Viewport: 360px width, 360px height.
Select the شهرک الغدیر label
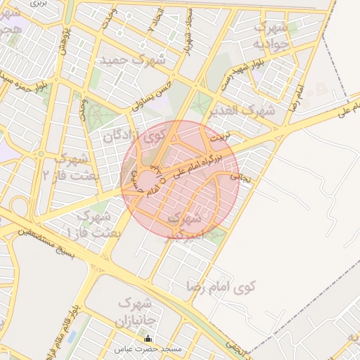click(x=247, y=110)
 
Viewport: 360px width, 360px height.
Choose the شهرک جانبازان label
click(x=133, y=314)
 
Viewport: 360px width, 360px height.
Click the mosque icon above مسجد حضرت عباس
click(x=147, y=339)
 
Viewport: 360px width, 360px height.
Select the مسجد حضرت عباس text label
click(x=153, y=349)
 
